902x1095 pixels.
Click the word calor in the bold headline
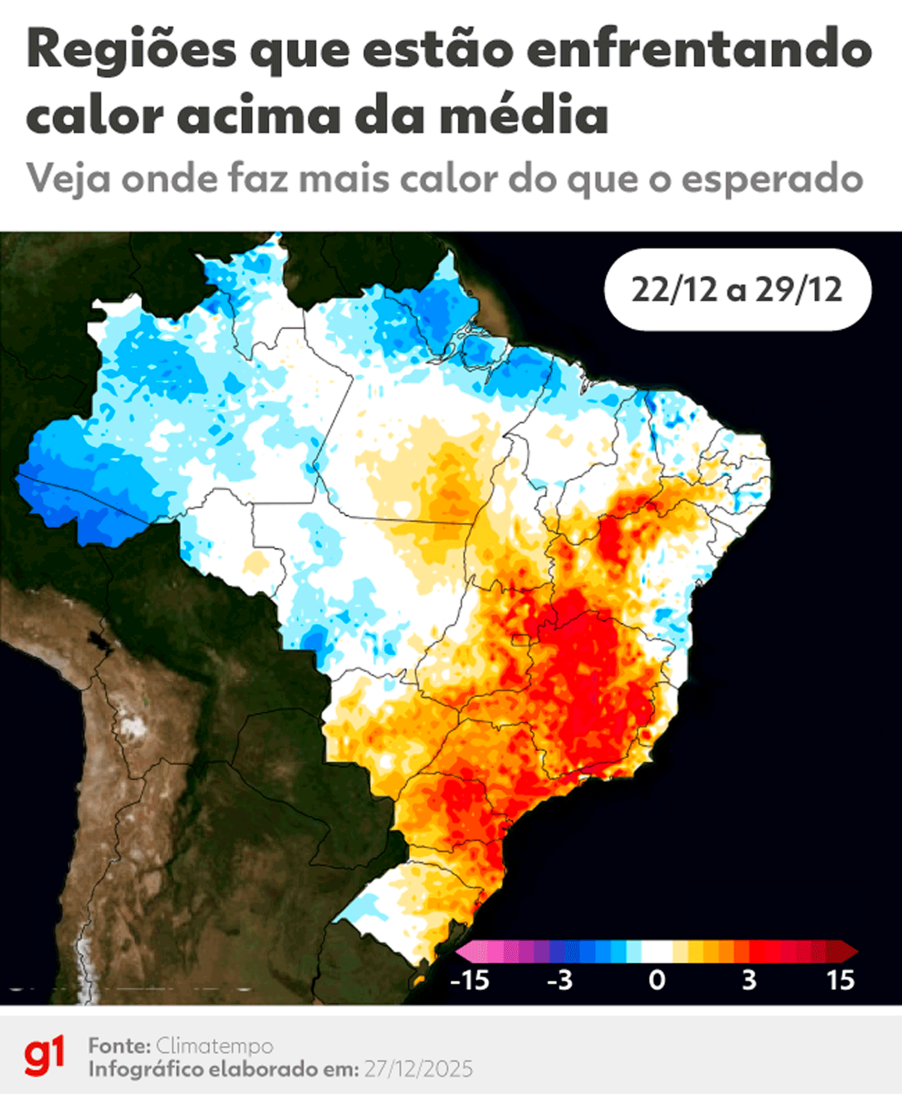coord(94,115)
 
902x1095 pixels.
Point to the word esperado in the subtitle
coord(772,179)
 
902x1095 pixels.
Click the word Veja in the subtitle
coord(68,179)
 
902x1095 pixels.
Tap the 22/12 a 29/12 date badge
coord(737,289)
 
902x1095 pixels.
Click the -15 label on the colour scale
coord(470,980)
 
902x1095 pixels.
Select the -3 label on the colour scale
coord(559,980)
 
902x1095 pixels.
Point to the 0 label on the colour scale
coord(656,980)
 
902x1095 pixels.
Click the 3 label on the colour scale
coord(749,980)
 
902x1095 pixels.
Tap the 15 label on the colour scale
coord(840,980)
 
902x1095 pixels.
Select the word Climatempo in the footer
coord(214,1045)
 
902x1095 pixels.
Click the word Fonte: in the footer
coord(119,1045)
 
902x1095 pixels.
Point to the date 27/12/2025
coord(418,1069)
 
